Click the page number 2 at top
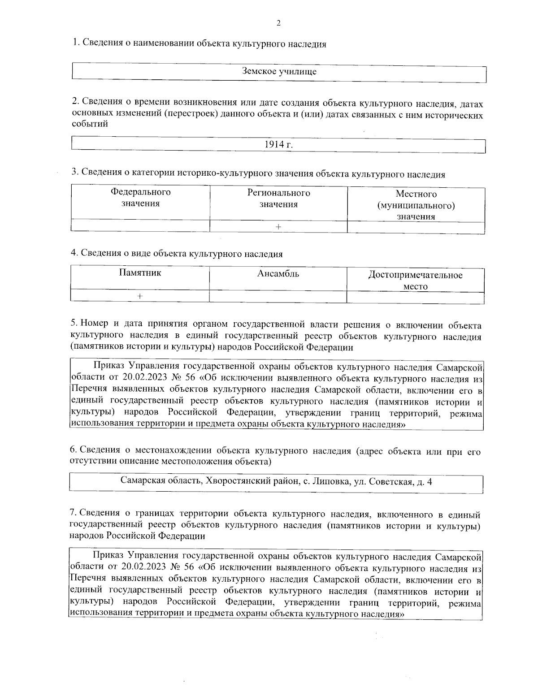[279, 23]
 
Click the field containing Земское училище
[279, 71]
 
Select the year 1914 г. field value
[279, 145]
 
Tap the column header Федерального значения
[140, 198]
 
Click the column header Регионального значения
[278, 199]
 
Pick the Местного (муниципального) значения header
[416, 205]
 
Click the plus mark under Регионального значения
[278, 227]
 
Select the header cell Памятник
[140, 272]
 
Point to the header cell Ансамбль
[278, 273]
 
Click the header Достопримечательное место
[415, 280]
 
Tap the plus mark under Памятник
[140, 296]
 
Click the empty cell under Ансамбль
[278, 297]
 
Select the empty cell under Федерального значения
[140, 225]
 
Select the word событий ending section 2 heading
[90, 125]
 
